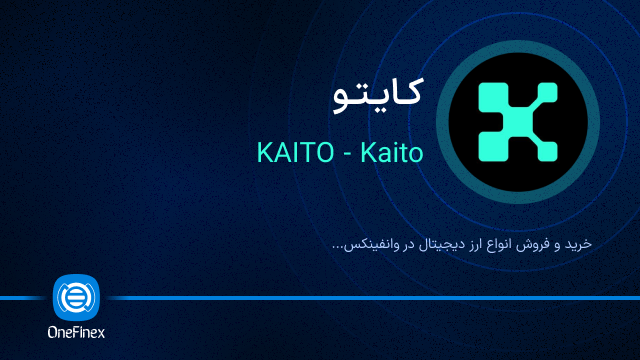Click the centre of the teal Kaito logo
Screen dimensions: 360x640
(x=517, y=124)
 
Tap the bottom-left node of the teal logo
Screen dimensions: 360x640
(x=490, y=151)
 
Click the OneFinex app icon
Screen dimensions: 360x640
(x=76, y=297)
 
